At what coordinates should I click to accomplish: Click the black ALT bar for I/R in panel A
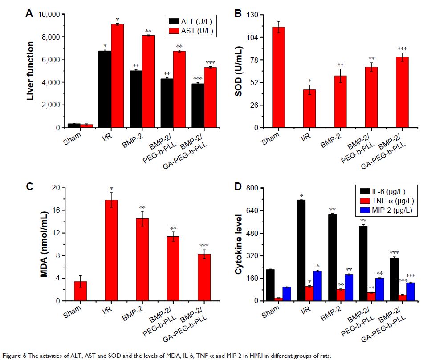pyautogui.click(x=105, y=89)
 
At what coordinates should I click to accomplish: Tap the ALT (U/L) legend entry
pyautogui.click(x=192, y=21)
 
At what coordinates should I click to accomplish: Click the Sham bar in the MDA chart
pyautogui.click(x=80, y=291)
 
